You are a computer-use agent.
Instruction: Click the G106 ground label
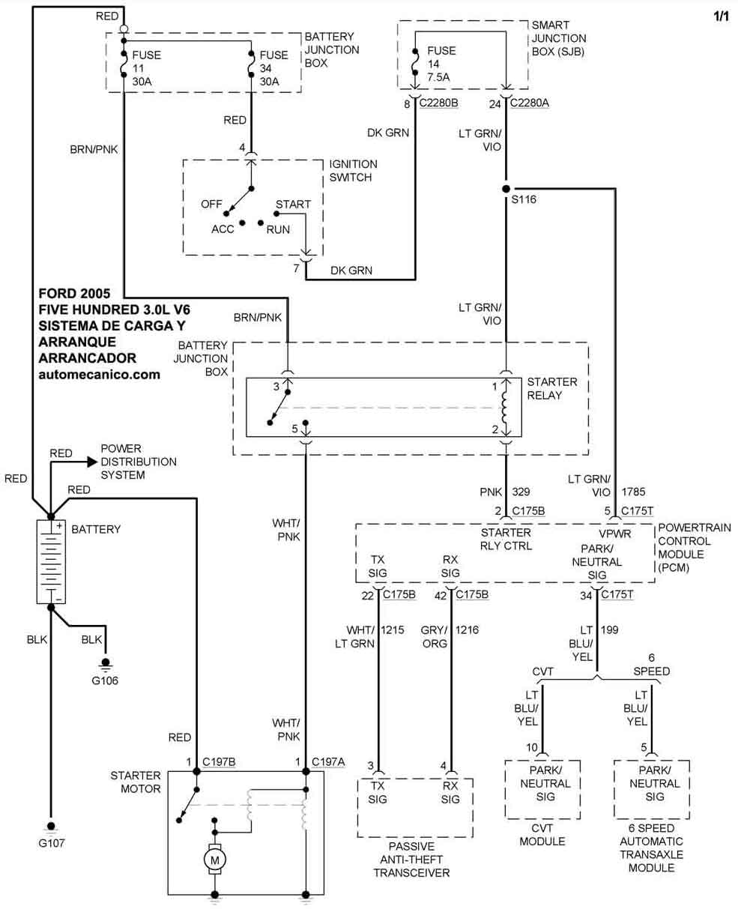pos(105,681)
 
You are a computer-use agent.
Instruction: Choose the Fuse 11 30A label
pos(146,68)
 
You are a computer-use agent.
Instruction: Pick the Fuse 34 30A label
pos(273,68)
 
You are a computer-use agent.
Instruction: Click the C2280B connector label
pos(438,104)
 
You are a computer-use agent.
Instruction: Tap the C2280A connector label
pos(529,104)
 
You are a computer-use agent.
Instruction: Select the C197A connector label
pos(328,762)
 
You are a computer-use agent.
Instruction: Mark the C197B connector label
pos(220,762)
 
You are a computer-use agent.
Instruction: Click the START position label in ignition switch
pos(293,204)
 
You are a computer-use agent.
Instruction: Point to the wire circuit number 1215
pos(393,630)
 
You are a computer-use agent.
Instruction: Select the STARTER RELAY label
pos(552,388)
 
